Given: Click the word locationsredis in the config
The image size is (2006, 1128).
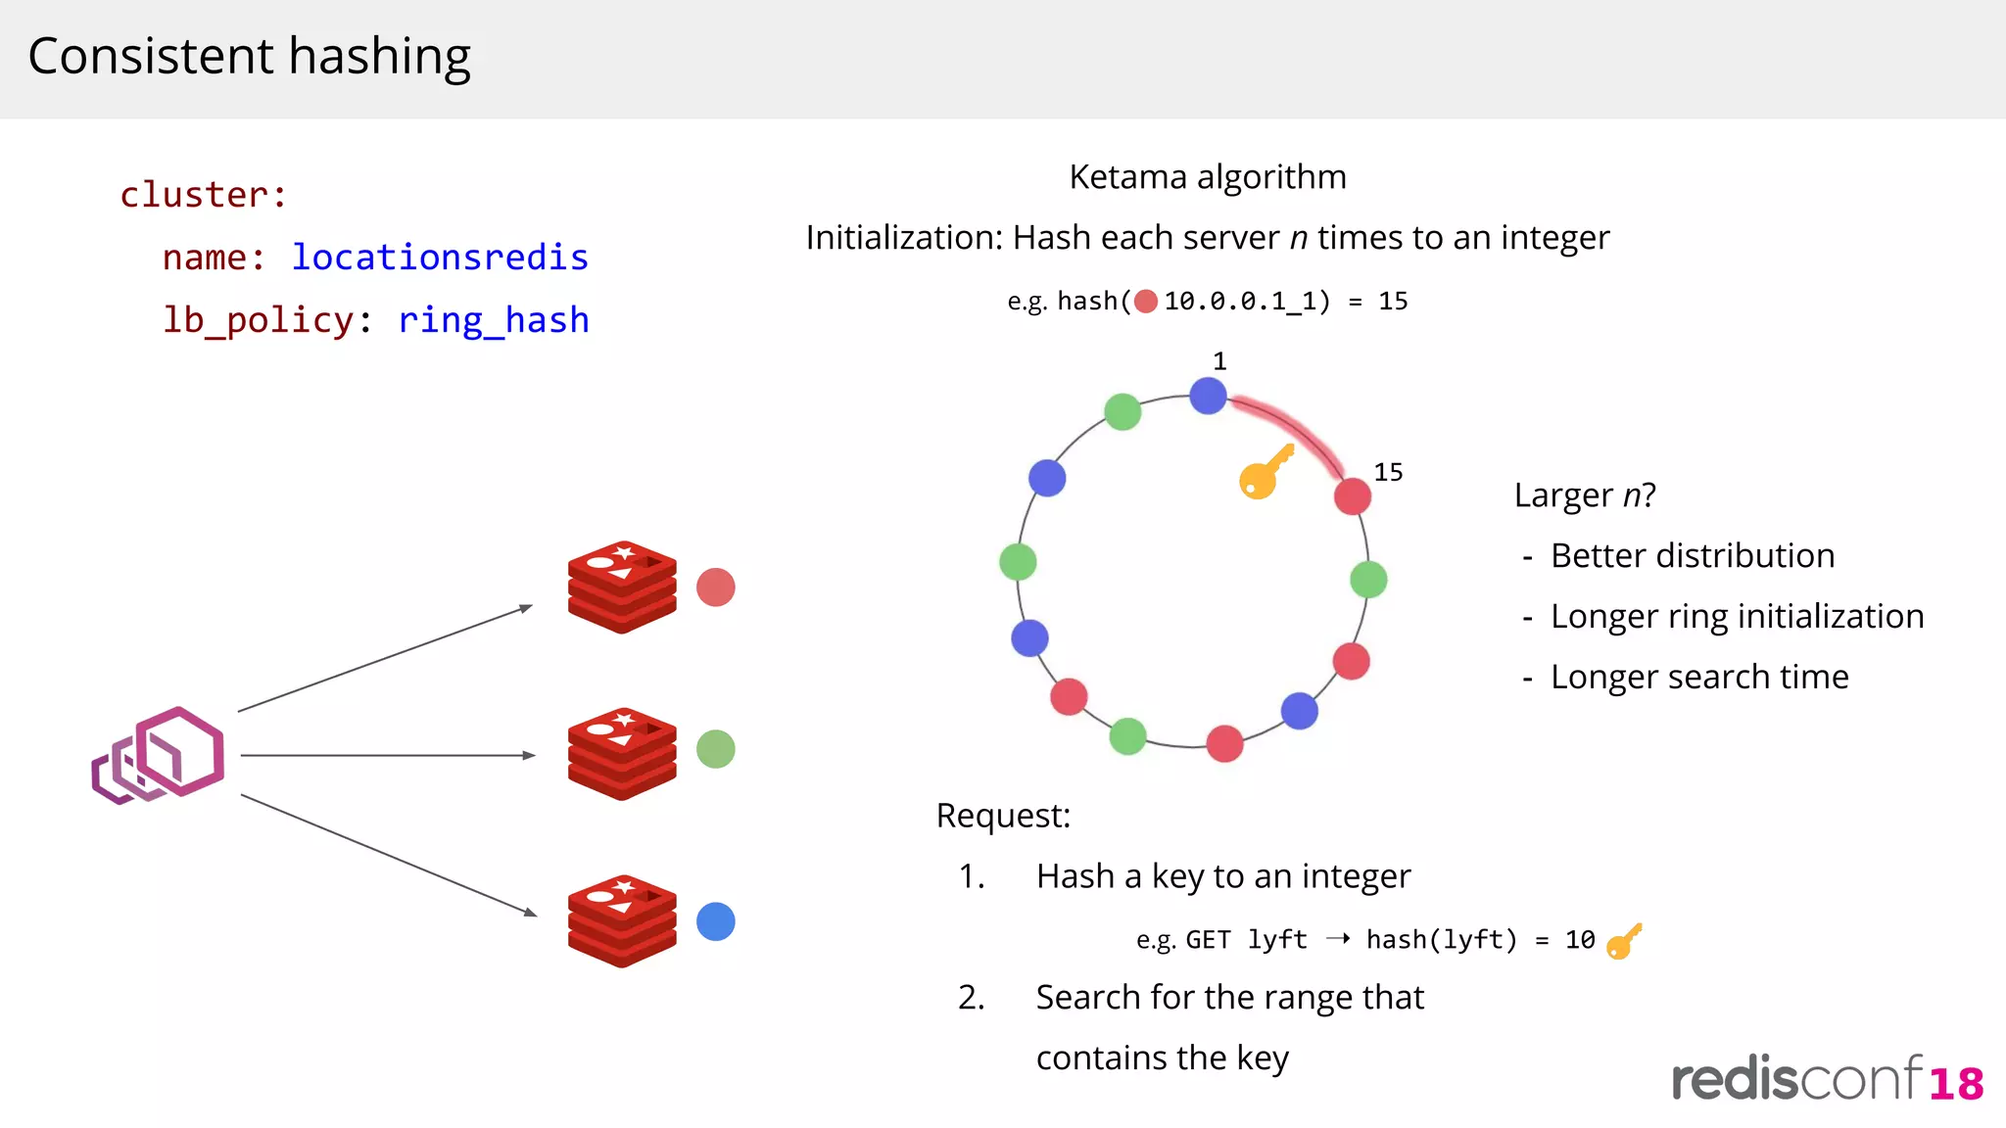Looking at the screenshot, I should pyautogui.click(x=440, y=258).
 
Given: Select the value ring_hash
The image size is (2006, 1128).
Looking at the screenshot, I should pyautogui.click(x=494, y=320).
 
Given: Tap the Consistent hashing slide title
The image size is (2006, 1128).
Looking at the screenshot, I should pyautogui.click(x=250, y=56).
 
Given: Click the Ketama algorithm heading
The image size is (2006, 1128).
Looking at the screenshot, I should pyautogui.click(x=1207, y=177).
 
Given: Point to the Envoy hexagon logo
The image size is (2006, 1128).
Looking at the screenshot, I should pyautogui.click(x=160, y=756).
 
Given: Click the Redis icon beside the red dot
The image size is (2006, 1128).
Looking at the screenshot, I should pyautogui.click(x=622, y=587).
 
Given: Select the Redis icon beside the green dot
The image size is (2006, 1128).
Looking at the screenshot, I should pyautogui.click(x=622, y=754).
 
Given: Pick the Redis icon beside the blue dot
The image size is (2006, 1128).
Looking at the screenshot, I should pyautogui.click(x=622, y=921).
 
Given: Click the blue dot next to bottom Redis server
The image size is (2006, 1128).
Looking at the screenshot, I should pyautogui.click(x=716, y=921).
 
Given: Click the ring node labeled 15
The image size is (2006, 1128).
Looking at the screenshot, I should pyautogui.click(x=1352, y=496).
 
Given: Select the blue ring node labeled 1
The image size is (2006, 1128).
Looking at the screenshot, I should pyautogui.click(x=1208, y=396).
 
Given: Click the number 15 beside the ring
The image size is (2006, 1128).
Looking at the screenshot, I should pyautogui.click(x=1388, y=472).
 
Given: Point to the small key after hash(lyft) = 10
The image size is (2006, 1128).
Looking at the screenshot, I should pyautogui.click(x=1624, y=941).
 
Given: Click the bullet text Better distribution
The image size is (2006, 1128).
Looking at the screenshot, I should pyautogui.click(x=1692, y=555).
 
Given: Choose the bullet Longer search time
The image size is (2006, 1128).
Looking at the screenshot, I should pyautogui.click(x=1699, y=677).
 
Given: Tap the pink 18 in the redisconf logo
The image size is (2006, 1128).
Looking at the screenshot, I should pyautogui.click(x=1956, y=1084).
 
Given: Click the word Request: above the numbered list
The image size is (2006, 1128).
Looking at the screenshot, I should pyautogui.click(x=1003, y=816).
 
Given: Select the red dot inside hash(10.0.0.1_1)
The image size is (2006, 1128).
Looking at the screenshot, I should pyautogui.click(x=1146, y=302).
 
